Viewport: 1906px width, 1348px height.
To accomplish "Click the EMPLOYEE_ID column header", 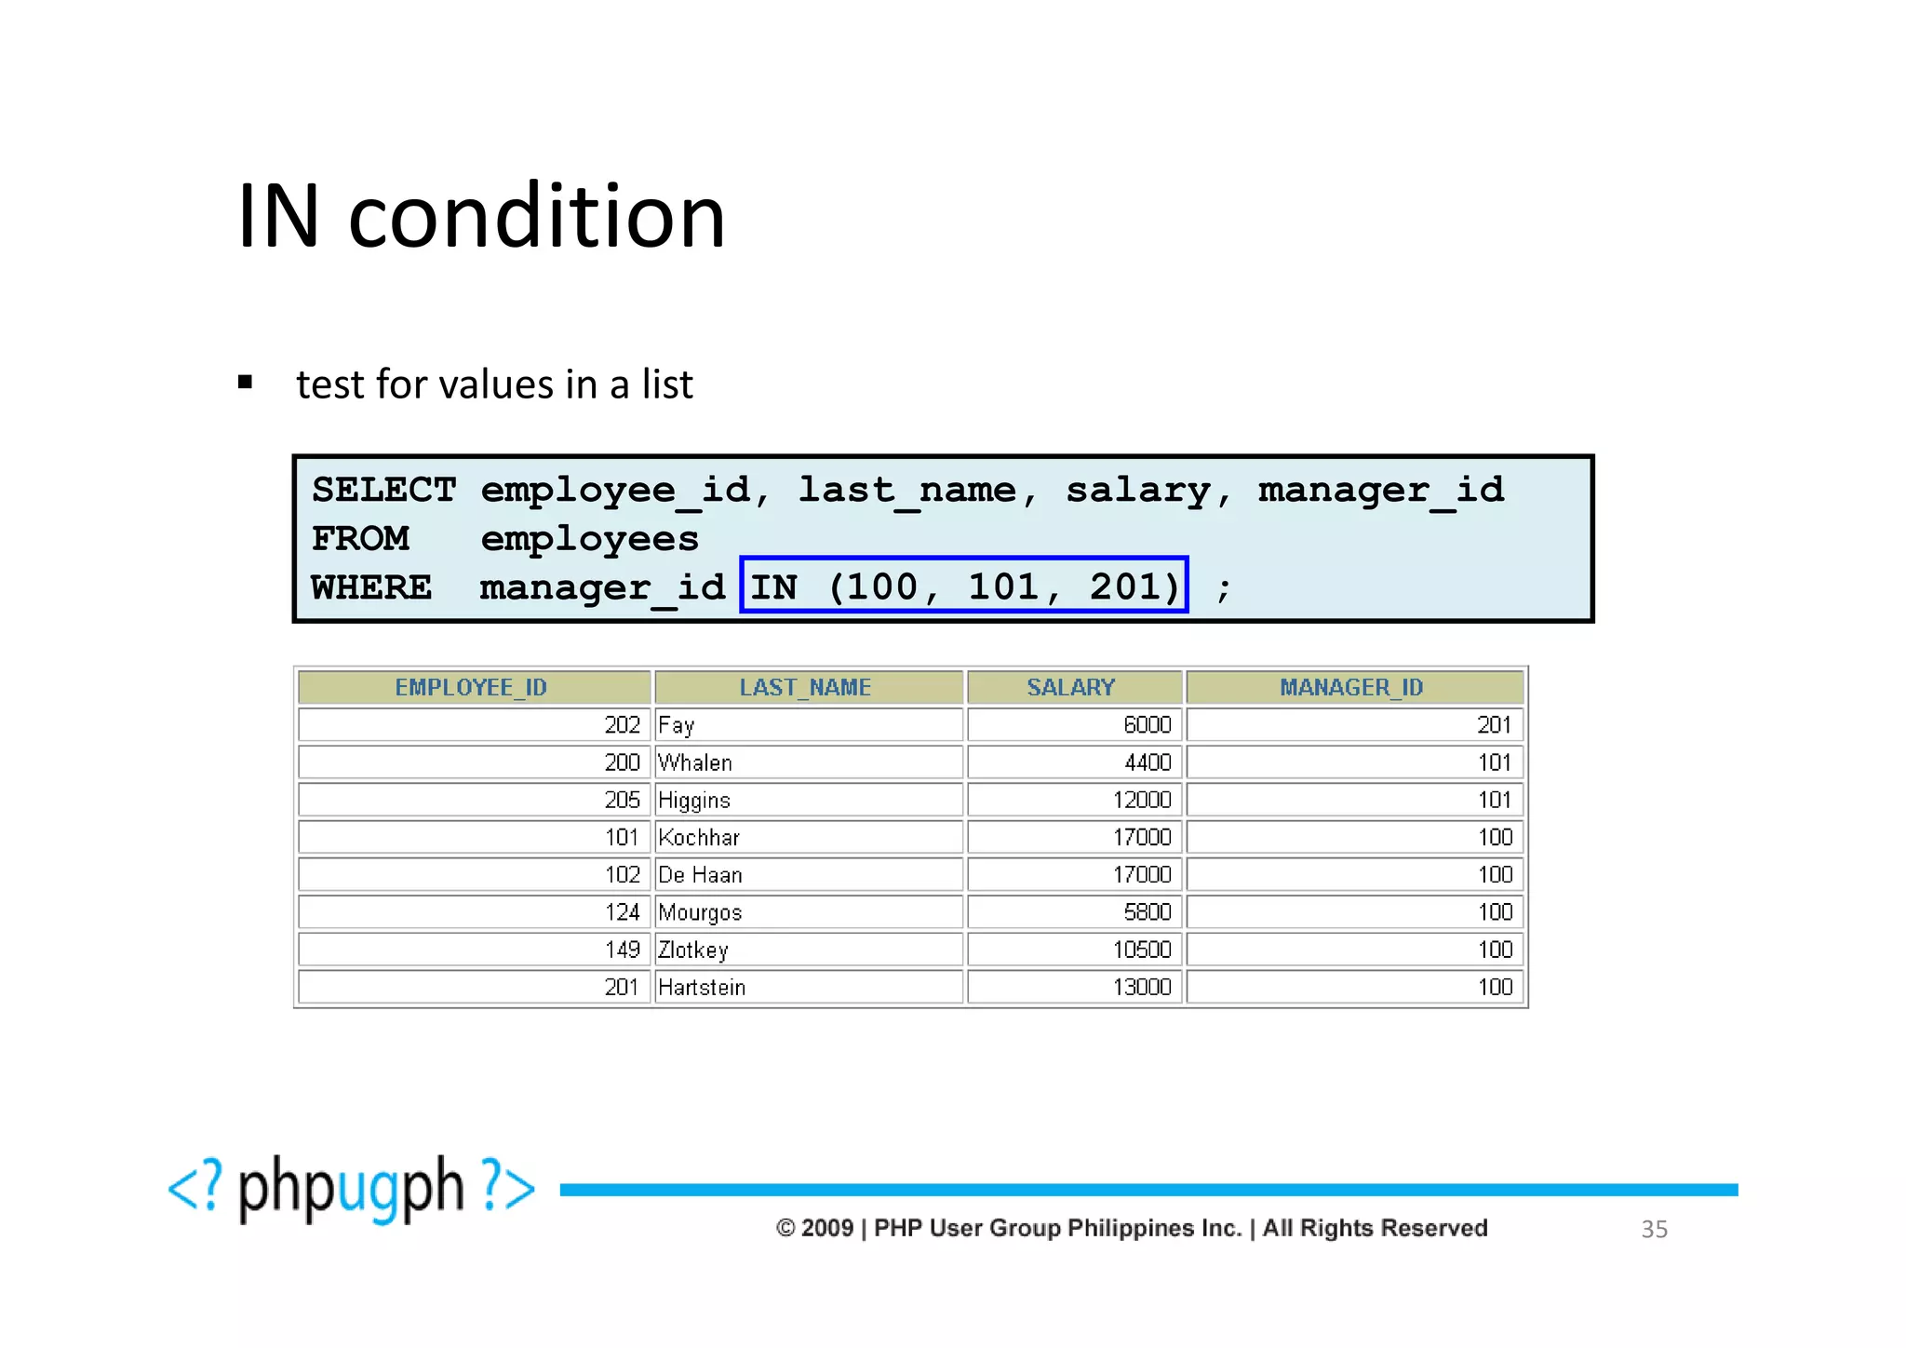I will (x=473, y=688).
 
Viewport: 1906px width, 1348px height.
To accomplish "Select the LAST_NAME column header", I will (x=807, y=688).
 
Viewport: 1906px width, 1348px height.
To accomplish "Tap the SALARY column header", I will (x=1072, y=688).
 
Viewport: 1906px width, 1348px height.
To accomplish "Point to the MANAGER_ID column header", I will (x=1353, y=688).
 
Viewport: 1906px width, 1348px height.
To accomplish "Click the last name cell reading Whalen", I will (x=695, y=762).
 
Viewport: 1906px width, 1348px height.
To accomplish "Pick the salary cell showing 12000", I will (x=1143, y=800).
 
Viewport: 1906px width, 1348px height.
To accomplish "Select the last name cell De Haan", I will (x=700, y=875).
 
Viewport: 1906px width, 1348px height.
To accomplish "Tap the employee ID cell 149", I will (x=623, y=950).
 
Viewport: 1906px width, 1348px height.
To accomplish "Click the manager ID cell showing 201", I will (x=1495, y=725).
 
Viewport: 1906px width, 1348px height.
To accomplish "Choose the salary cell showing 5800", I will (x=1148, y=912).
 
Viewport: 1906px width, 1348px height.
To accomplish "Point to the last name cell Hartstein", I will (x=702, y=987).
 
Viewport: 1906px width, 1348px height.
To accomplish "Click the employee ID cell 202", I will (x=623, y=725).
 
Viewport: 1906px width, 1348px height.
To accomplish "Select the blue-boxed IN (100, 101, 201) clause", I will (x=964, y=586).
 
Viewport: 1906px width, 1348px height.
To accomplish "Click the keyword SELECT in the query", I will (x=384, y=491).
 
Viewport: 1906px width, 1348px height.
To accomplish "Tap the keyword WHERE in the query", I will (x=371, y=587).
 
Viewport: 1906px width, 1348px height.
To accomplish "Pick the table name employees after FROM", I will (x=589, y=539).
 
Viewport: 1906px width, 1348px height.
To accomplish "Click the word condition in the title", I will (x=536, y=217).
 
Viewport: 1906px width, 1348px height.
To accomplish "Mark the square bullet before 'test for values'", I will (x=246, y=382).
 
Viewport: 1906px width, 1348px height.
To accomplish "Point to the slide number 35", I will (x=1654, y=1229).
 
